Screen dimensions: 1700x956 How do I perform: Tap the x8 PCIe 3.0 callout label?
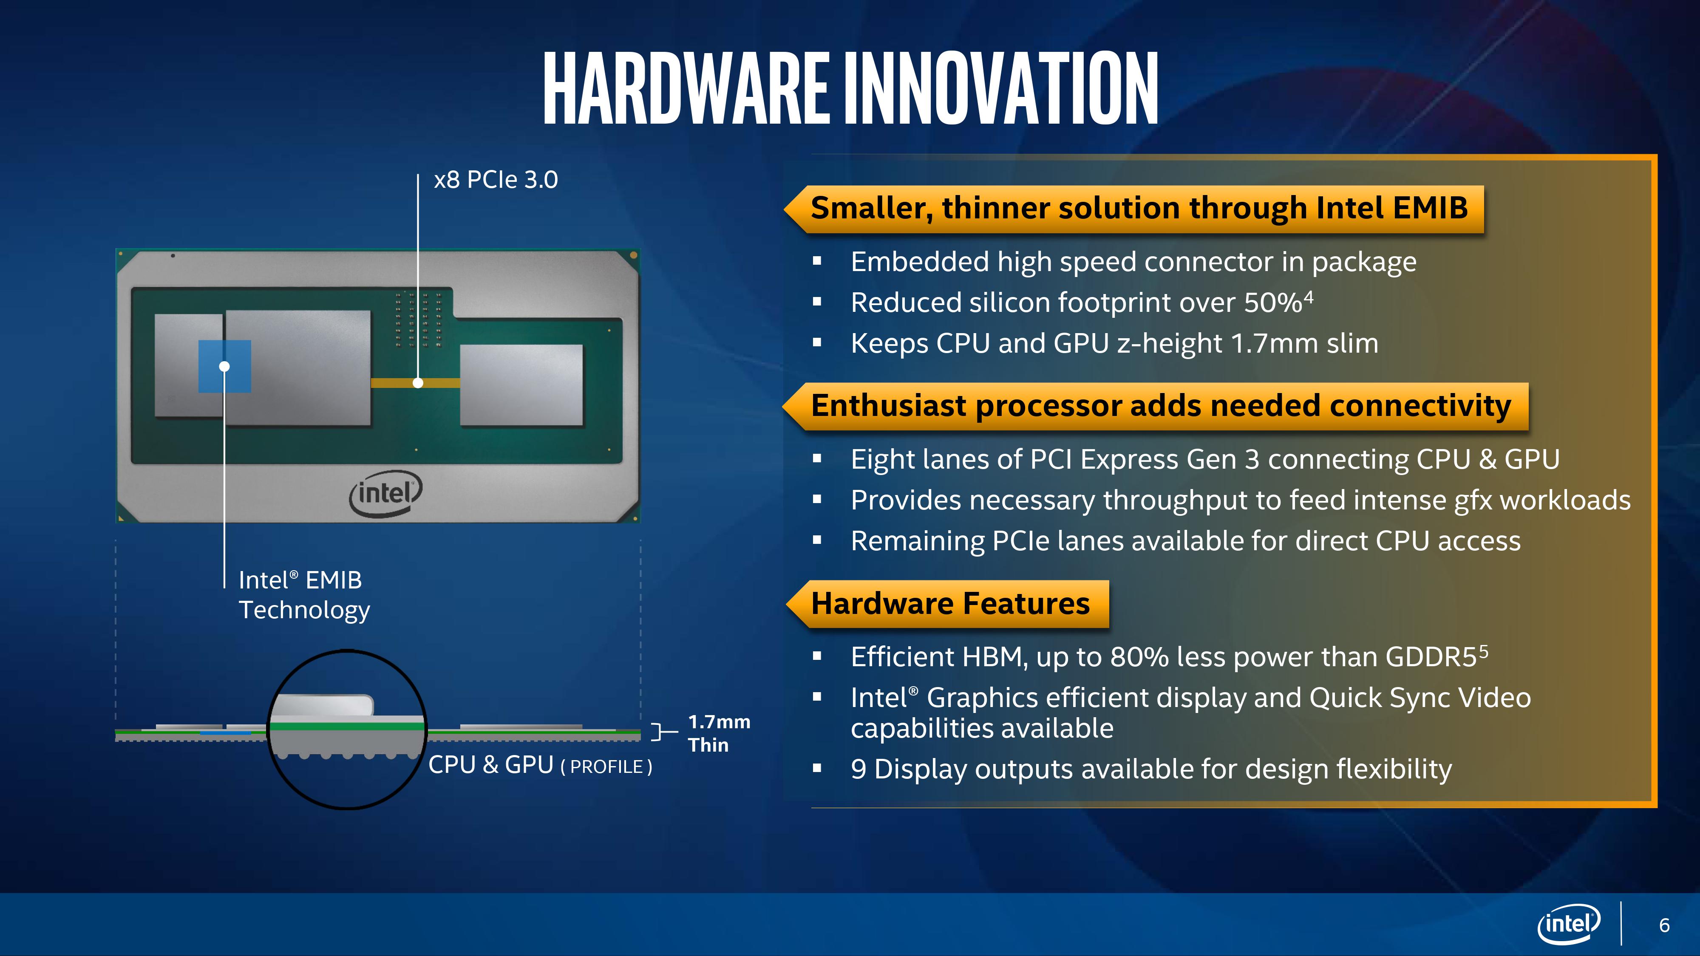pyautogui.click(x=496, y=179)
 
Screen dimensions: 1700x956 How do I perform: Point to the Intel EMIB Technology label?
pyautogui.click(x=304, y=595)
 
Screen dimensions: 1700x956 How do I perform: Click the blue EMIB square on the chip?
pyautogui.click(x=224, y=366)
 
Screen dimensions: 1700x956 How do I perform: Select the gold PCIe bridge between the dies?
pyautogui.click(x=415, y=383)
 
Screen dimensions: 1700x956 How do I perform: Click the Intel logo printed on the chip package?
pyautogui.click(x=385, y=493)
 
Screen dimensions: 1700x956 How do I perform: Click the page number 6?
pyautogui.click(x=1664, y=926)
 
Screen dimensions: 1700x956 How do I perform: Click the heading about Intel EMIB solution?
pyautogui.click(x=1139, y=208)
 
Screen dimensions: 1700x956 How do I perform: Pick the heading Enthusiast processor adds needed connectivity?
pyautogui.click(x=1161, y=406)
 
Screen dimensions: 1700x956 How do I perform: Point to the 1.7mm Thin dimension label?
pyautogui.click(x=719, y=733)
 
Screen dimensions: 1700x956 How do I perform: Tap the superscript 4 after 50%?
pyautogui.click(x=1309, y=297)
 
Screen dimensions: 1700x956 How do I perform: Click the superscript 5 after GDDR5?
pyautogui.click(x=1484, y=652)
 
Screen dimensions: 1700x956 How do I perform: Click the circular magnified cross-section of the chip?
pyautogui.click(x=347, y=730)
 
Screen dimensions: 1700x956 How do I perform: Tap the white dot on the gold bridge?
pyautogui.click(x=418, y=383)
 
